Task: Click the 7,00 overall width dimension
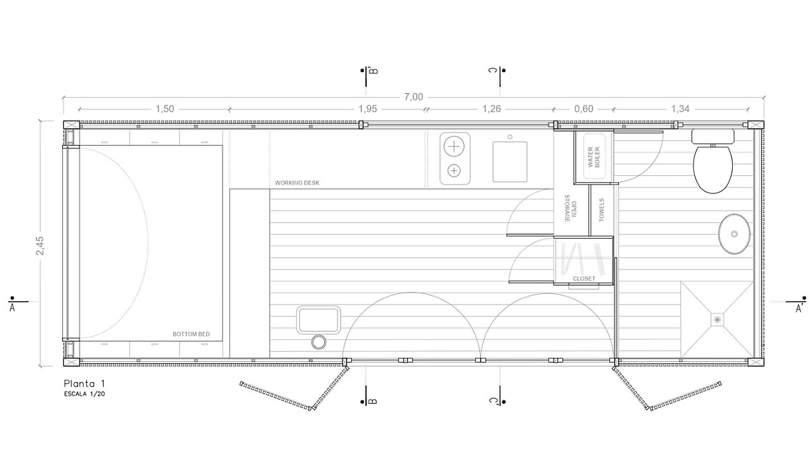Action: click(413, 97)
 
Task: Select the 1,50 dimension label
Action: click(164, 109)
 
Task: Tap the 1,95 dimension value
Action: click(367, 109)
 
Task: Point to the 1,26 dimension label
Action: click(491, 109)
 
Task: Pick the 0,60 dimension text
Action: click(583, 109)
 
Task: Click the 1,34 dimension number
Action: click(680, 109)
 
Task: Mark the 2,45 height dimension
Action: click(40, 245)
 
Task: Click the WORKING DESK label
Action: click(297, 183)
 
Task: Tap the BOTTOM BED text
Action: click(191, 334)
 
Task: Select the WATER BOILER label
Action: click(593, 156)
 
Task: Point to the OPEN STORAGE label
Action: click(570, 208)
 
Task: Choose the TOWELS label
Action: click(601, 210)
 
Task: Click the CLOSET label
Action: click(584, 279)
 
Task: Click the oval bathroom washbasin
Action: click(734, 234)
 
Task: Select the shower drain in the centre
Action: click(717, 320)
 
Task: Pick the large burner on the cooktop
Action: click(454, 147)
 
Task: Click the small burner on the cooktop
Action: click(454, 171)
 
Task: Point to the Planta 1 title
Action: click(84, 383)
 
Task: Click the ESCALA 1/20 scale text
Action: click(84, 394)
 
